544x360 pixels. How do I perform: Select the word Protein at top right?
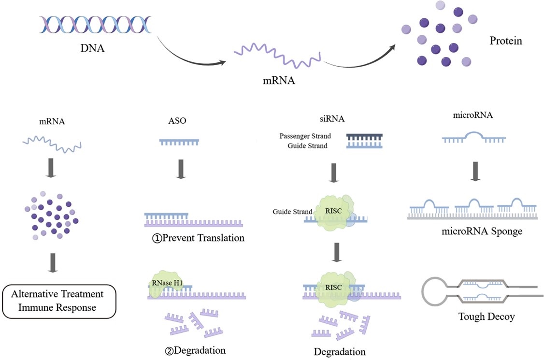(505, 41)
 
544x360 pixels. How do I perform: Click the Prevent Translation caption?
(198, 238)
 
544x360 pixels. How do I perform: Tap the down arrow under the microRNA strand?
(475, 170)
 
